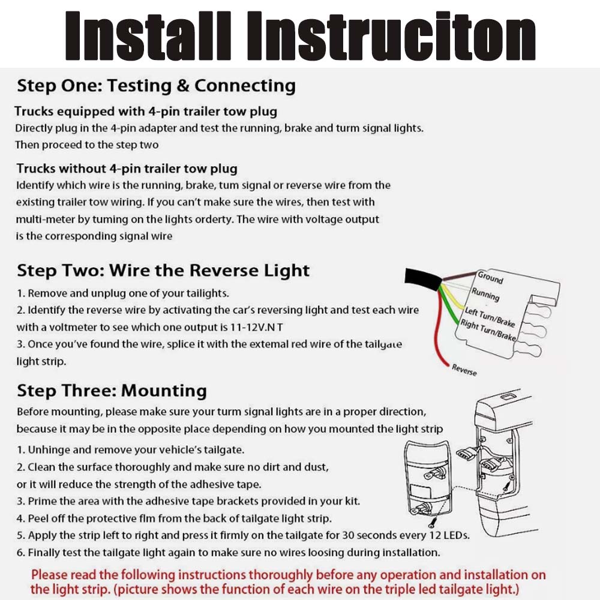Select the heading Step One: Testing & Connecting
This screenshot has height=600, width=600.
coord(156,86)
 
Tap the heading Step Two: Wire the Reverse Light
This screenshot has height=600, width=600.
coord(163,271)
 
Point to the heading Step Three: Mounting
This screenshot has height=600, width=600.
coord(112,391)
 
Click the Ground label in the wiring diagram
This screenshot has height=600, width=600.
coord(490,277)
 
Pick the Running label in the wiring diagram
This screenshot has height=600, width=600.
coord(485,294)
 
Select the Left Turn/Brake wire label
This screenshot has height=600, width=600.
coord(490,316)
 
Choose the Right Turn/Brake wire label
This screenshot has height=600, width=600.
coord(487,331)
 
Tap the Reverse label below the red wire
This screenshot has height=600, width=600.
coord(464,370)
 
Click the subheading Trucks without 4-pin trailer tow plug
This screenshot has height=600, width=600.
coord(127,169)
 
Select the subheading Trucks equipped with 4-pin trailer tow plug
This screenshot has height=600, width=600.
coord(146,112)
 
